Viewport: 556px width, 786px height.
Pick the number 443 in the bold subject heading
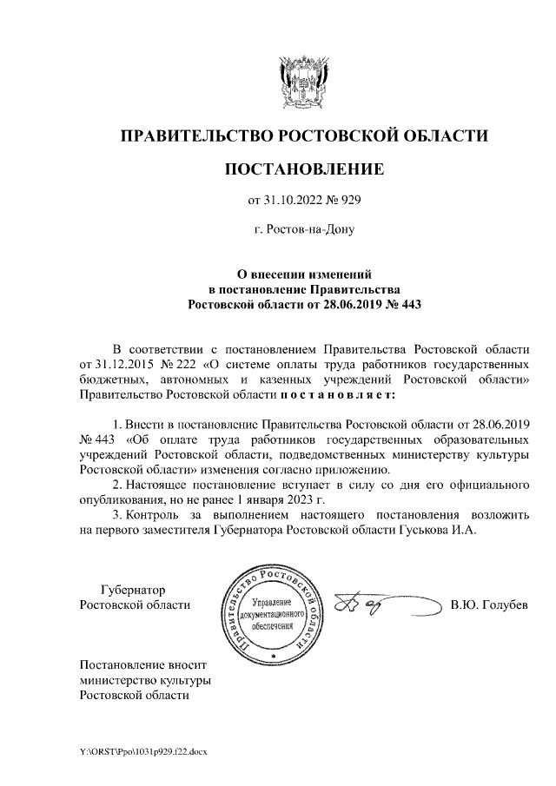coord(407,304)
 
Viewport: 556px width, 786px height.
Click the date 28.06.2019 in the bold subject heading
coord(341,304)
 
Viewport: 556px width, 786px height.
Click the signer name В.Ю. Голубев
coord(488,604)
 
